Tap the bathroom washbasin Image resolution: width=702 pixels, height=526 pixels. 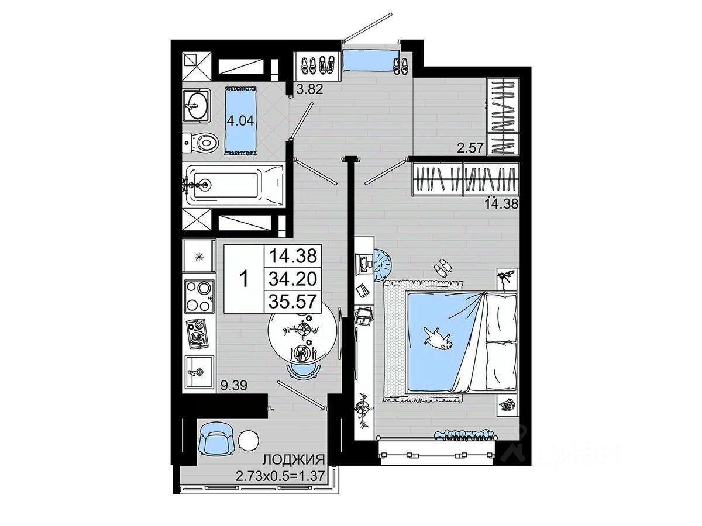197,106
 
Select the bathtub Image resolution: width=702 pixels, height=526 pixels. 235,185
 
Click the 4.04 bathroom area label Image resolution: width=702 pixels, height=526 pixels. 240,121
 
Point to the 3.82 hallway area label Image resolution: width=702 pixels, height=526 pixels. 309,89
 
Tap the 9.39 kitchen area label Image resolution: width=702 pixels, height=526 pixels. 234,386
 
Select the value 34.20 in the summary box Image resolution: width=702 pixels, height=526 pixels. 292,280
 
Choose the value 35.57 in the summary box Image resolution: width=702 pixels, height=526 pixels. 292,301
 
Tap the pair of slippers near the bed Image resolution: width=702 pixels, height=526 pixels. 443,265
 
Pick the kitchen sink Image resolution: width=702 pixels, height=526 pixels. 198,372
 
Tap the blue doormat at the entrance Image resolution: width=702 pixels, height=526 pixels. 371,60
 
